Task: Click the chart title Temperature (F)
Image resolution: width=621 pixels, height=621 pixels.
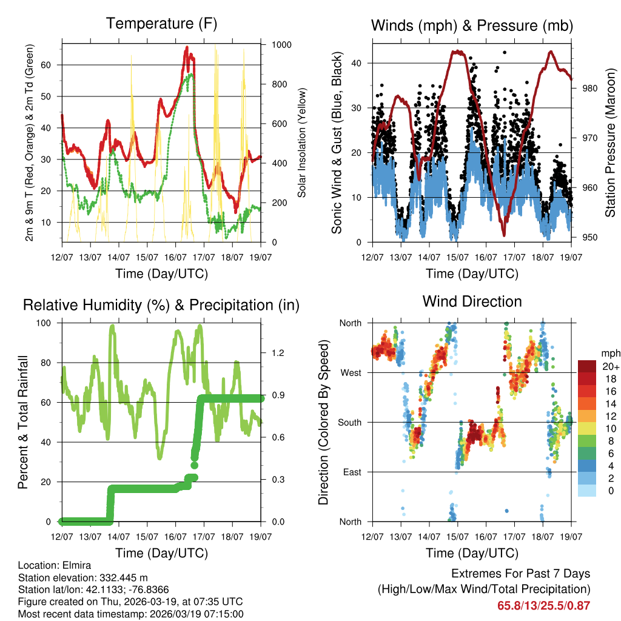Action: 161,24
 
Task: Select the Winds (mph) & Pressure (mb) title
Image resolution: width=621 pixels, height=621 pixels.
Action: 472,26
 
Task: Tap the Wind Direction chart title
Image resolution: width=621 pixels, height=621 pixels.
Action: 472,301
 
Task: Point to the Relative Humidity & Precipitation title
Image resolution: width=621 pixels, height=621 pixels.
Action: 161,305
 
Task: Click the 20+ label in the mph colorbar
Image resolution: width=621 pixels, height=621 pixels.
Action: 609,366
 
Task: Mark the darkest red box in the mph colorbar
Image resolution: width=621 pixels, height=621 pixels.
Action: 587,366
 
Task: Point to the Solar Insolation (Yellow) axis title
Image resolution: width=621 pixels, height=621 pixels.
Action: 301,142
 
